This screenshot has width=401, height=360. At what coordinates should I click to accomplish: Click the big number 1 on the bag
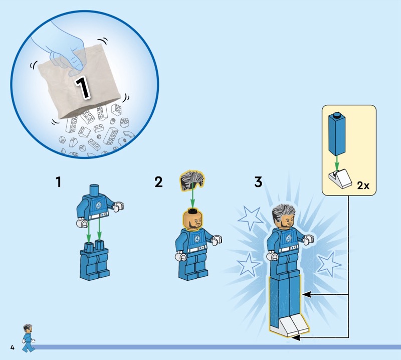(83, 88)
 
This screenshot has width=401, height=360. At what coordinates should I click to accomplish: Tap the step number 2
(158, 182)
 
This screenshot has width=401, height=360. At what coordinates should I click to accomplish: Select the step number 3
(258, 182)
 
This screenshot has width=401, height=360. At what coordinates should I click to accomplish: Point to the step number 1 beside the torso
(59, 182)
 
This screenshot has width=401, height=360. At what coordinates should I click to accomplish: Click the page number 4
(12, 347)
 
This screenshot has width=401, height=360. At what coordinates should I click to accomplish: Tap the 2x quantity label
(363, 186)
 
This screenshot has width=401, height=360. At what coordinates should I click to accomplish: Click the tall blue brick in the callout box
(337, 134)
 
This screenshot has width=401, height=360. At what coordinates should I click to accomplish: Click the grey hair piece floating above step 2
(192, 179)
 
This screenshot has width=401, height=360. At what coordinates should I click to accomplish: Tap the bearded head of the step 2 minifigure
(193, 219)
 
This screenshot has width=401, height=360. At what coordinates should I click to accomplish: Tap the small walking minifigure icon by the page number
(28, 338)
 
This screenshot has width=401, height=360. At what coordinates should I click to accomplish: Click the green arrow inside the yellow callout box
(337, 163)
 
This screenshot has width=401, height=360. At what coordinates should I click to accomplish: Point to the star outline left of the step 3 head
(249, 218)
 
